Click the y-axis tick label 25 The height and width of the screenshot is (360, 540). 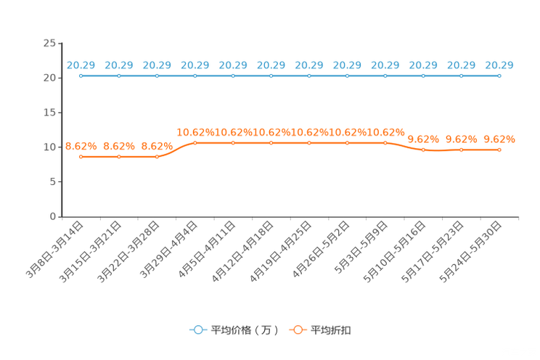tap(49, 43)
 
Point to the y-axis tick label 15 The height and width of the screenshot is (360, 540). tap(49, 112)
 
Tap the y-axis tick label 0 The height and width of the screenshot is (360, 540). tap(53, 216)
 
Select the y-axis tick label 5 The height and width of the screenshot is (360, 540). tap(53, 181)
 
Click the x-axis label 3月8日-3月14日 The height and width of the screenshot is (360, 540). tap(54, 250)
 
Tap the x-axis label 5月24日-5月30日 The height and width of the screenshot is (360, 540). tap(470, 252)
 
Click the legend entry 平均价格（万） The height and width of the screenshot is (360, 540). tap(234, 330)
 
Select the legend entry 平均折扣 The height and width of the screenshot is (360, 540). tap(320, 330)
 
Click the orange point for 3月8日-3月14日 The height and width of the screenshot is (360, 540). tap(81, 157)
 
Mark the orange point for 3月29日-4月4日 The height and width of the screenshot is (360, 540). tap(195, 143)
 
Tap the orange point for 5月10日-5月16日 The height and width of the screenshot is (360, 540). tap(423, 150)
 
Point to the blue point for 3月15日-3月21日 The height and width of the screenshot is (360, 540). tap(119, 75)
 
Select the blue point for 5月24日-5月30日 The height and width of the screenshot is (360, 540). tap(499, 75)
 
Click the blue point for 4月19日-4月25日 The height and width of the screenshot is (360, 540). tap(309, 75)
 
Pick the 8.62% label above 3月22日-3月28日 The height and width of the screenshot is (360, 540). tap(157, 147)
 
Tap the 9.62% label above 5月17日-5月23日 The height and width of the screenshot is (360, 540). tap(462, 139)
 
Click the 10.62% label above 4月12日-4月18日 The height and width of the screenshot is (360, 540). tap(271, 132)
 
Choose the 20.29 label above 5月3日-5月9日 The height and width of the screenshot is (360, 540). tap(385, 65)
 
